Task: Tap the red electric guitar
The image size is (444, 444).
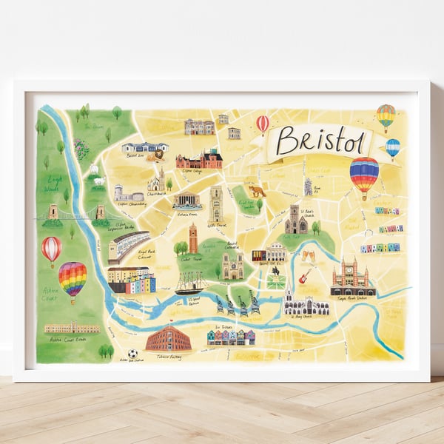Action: point(303,276)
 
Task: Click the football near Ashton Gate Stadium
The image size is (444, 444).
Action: point(132,354)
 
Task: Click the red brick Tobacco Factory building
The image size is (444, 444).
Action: point(169,338)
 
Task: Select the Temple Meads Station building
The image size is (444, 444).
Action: point(353,279)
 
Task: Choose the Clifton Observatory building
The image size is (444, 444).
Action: point(129,194)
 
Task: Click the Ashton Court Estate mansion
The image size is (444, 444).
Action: point(71,327)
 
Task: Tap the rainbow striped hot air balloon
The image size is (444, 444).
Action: point(73,279)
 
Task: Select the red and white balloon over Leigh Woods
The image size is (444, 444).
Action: point(51,249)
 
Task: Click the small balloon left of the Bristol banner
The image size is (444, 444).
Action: point(263,124)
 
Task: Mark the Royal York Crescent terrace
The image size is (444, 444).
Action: point(128,246)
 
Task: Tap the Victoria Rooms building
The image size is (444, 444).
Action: point(187,201)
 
